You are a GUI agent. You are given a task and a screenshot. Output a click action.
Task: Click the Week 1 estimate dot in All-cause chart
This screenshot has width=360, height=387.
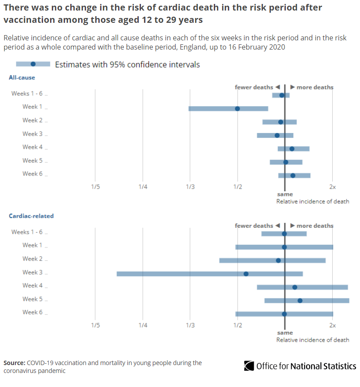(238, 108)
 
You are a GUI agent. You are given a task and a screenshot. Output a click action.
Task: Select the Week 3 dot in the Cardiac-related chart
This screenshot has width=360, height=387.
(246, 274)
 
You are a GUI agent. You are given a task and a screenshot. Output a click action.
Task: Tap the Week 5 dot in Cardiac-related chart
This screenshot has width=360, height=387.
(300, 301)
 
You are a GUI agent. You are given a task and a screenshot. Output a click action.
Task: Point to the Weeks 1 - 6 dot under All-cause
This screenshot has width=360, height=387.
(282, 95)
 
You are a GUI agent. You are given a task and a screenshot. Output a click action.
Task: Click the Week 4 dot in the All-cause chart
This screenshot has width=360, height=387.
(292, 149)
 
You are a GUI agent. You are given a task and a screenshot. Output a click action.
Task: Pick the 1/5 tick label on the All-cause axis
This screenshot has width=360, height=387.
(95, 187)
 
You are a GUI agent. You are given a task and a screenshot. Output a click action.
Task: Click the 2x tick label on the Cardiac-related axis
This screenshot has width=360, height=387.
(332, 325)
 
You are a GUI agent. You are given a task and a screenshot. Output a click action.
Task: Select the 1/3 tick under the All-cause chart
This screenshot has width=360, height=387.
(190, 187)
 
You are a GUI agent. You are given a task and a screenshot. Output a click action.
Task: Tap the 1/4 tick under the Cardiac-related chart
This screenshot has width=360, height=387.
(143, 325)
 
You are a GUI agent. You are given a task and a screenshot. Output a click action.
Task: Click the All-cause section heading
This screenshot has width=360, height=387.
(22, 78)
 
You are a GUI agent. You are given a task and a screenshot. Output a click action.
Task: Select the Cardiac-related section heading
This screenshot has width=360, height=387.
(31, 216)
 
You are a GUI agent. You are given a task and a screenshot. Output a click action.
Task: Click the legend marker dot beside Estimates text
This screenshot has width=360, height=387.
(33, 64)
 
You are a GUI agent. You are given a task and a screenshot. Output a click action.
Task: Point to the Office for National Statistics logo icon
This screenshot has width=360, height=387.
(249, 366)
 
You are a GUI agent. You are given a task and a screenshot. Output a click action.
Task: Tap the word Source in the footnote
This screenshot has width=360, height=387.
(14, 363)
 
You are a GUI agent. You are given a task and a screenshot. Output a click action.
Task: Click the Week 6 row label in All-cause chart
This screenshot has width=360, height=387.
(32, 174)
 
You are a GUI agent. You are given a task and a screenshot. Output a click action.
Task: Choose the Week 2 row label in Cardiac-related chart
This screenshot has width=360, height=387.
(32, 259)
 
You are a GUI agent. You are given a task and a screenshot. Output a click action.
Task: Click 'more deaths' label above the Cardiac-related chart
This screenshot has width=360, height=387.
(315, 226)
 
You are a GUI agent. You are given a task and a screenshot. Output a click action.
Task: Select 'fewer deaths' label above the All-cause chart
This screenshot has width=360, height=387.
(254, 87)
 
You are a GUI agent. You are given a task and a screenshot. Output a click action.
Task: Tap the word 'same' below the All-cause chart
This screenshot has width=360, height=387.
(285, 194)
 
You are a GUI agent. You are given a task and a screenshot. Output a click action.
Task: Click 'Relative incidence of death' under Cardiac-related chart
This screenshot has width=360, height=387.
(313, 340)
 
